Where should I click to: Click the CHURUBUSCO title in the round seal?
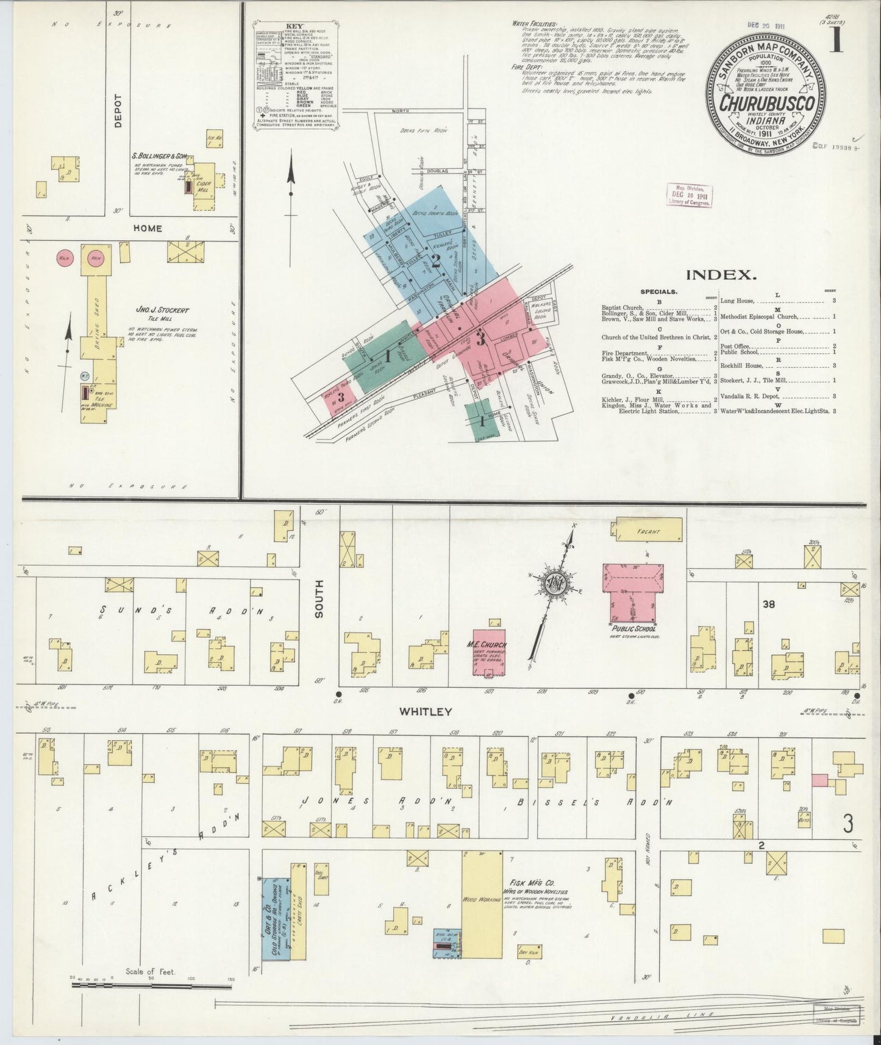click(x=769, y=104)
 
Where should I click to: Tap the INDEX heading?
click(x=721, y=275)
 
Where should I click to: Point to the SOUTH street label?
click(x=320, y=599)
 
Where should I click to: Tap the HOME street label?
click(x=148, y=228)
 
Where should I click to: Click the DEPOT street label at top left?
click(x=118, y=111)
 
